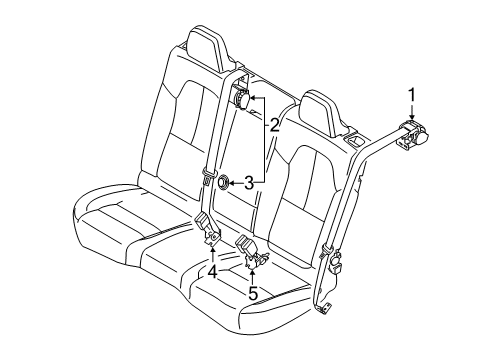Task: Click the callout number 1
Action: click(410, 96)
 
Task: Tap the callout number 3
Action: click(274, 182)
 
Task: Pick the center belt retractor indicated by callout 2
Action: click(241, 99)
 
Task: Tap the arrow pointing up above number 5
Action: click(253, 273)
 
